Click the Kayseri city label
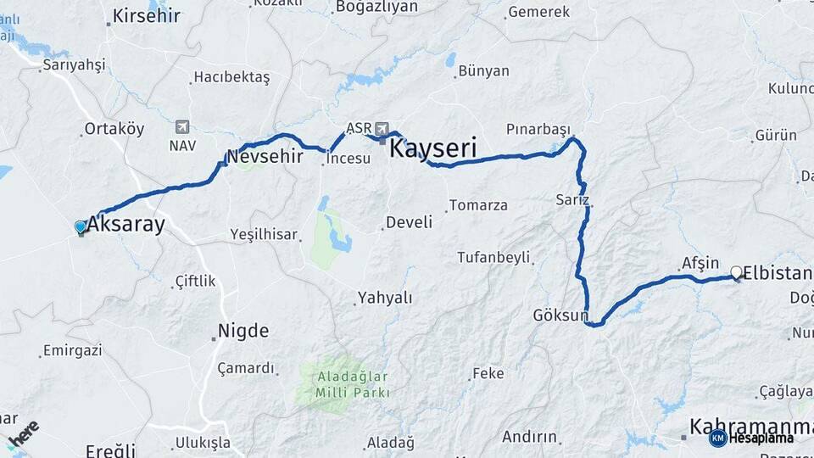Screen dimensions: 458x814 pos(433,148)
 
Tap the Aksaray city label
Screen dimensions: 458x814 pos(125,225)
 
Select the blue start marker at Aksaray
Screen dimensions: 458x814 pos(81,227)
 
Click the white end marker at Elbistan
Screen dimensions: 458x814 pos(736,272)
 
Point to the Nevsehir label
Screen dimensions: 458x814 pos(265,156)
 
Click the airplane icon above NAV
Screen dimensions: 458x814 pos(182,127)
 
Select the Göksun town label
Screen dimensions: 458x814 pos(560,316)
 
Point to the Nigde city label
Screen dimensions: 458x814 pos(243,330)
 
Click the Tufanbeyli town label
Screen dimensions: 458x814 pos(493,257)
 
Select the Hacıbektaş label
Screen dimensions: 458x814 pos(231,77)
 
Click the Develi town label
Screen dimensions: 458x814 pos(409,222)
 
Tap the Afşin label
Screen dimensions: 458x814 pos(700,264)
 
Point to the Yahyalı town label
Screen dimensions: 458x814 pos(385,298)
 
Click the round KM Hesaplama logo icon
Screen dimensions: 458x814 pos(718,438)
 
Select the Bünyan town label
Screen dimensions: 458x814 pos(483,71)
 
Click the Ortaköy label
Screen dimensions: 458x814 pos(114,129)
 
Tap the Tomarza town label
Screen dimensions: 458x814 pos(478,205)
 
